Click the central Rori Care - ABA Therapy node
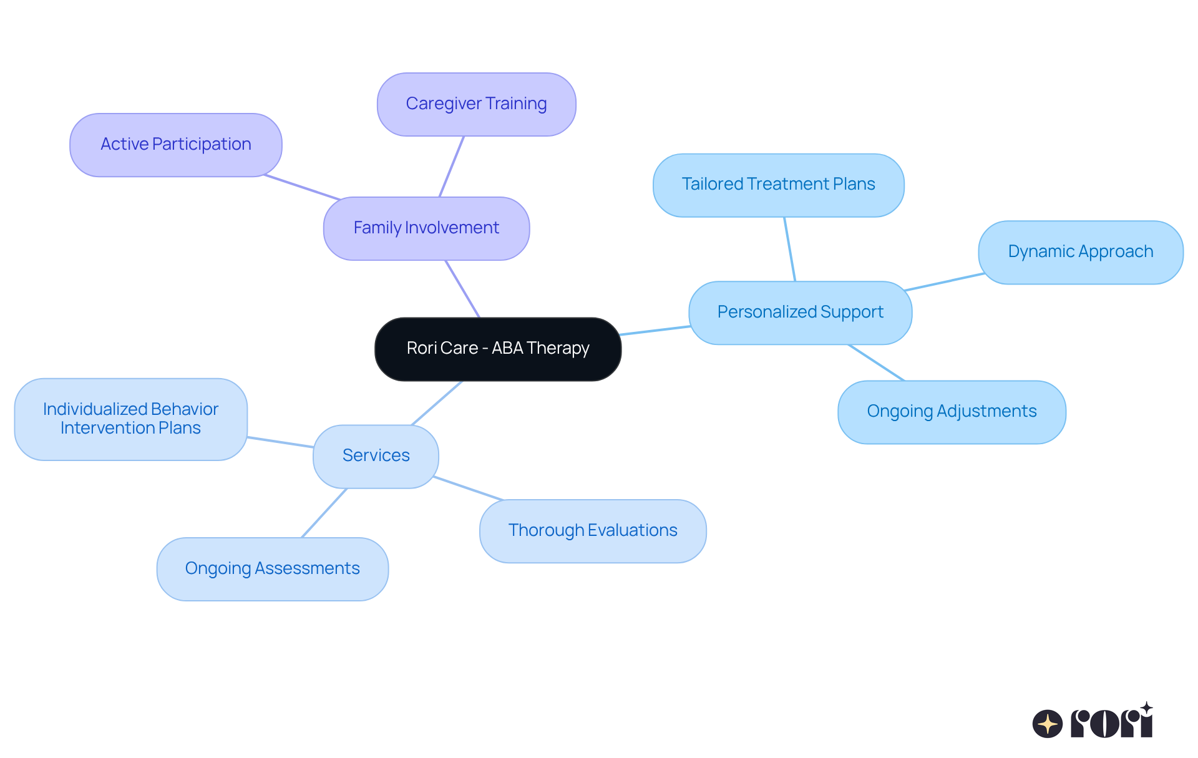[497, 349]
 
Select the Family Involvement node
[426, 228]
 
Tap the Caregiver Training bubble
[476, 104]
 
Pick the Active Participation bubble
[175, 145]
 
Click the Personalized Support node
[800, 313]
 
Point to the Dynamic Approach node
[1080, 252]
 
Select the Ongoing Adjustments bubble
[951, 412]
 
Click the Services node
[376, 456]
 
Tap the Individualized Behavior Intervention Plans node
[130, 419]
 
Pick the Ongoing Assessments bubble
[272, 569]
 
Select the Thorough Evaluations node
[592, 531]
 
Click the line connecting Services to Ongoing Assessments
[324, 512]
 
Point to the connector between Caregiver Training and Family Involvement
[452, 166]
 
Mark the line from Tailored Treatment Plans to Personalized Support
[790, 249]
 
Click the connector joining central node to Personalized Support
[655, 331]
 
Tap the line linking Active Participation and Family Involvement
[302, 187]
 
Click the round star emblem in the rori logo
[1048, 724]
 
